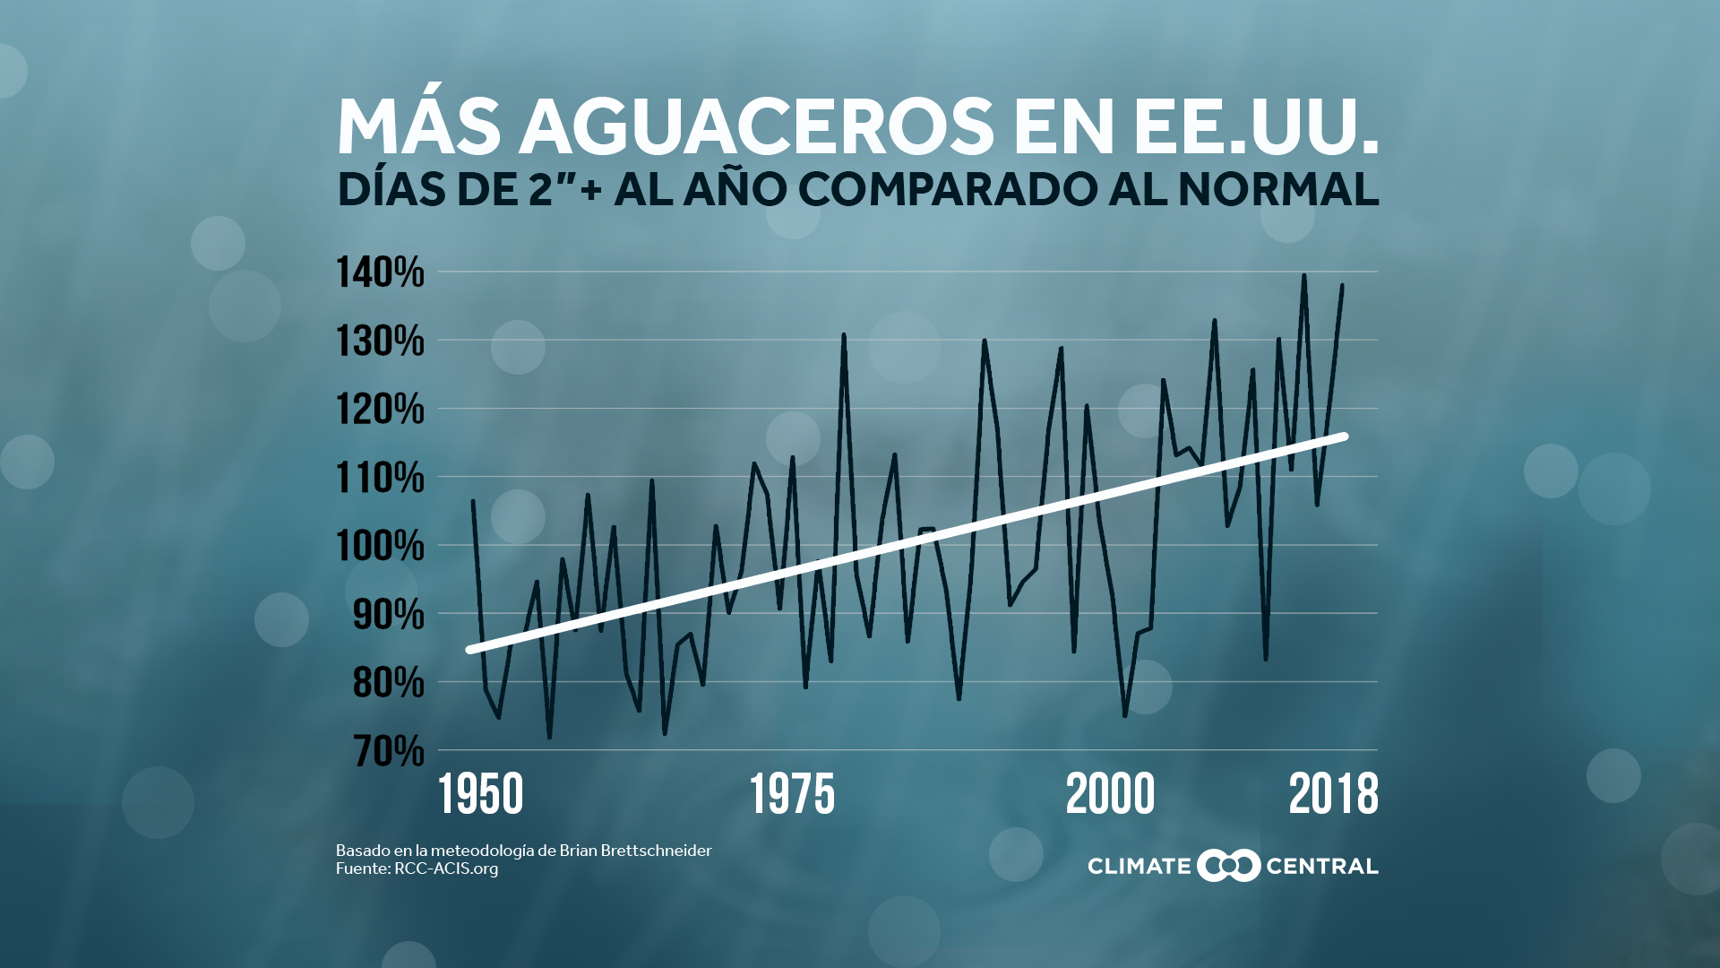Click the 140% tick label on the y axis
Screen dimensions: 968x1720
click(380, 272)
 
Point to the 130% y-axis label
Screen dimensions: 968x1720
click(380, 341)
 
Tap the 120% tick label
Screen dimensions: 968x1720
click(380, 410)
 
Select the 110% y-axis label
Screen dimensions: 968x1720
click(380, 478)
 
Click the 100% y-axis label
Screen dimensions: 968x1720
click(380, 546)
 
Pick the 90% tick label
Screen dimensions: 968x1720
click(388, 615)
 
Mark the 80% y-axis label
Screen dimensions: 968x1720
click(388, 683)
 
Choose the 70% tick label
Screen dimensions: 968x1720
click(388, 751)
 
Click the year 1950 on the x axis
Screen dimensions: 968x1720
click(481, 795)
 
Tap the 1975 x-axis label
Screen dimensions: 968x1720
click(792, 795)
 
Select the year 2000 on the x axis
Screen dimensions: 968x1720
click(1110, 795)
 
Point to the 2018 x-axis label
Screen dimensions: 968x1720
click(1333, 795)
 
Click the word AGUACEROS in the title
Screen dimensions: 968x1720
click(757, 126)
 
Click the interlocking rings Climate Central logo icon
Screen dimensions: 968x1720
click(1228, 866)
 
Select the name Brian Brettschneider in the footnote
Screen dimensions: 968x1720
click(635, 851)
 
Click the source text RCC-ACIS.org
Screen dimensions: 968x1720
click(446, 869)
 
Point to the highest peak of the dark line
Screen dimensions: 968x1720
click(1303, 276)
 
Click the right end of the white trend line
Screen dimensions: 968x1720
click(1344, 436)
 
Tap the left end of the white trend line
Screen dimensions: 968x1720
click(470, 650)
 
